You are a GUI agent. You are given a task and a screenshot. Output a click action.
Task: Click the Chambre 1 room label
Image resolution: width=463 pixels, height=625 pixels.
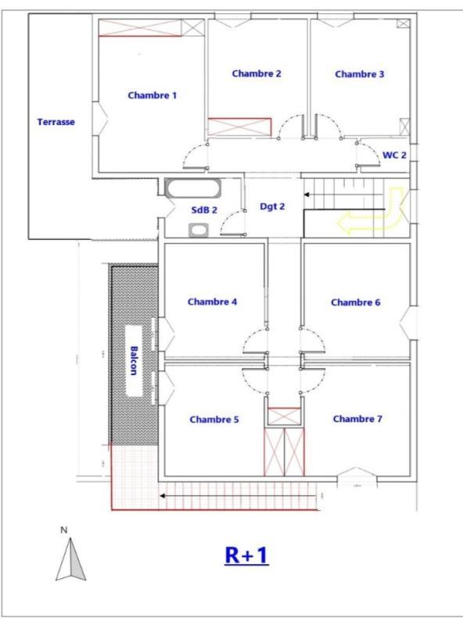coord(153,95)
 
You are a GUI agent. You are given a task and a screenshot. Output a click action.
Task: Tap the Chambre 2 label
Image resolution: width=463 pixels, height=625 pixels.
coord(257,73)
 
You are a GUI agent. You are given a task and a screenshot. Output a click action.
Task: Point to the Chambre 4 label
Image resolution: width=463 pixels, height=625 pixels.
coord(212,302)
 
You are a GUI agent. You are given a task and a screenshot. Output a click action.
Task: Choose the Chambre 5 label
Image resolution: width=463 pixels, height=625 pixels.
coord(214,420)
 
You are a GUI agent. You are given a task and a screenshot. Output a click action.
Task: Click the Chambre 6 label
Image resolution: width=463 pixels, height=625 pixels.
coord(356,302)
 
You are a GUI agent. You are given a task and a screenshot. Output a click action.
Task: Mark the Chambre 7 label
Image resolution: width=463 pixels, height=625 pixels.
coord(357,419)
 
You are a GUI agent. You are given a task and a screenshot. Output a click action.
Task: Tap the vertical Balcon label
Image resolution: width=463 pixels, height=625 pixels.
coord(134,360)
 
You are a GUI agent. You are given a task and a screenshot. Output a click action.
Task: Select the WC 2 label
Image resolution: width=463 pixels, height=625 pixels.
coord(394,155)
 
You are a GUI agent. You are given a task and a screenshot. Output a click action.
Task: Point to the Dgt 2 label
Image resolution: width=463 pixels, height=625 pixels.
coord(272,207)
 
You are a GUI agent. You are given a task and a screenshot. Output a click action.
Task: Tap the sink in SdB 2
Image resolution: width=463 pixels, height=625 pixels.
coord(198,230)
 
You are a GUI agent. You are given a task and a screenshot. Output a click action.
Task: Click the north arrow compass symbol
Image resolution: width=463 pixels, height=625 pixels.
coord(70,561)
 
